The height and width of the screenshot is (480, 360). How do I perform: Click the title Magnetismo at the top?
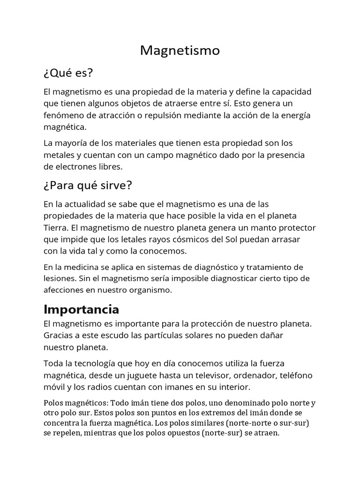click(180, 51)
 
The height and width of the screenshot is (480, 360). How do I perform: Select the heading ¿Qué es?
click(68, 73)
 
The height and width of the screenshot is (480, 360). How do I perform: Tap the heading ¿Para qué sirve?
click(88, 186)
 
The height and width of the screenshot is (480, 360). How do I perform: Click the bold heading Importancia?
click(81, 309)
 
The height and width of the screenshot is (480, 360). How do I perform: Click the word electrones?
click(75, 166)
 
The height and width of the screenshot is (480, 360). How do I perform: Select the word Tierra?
click(55, 228)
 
